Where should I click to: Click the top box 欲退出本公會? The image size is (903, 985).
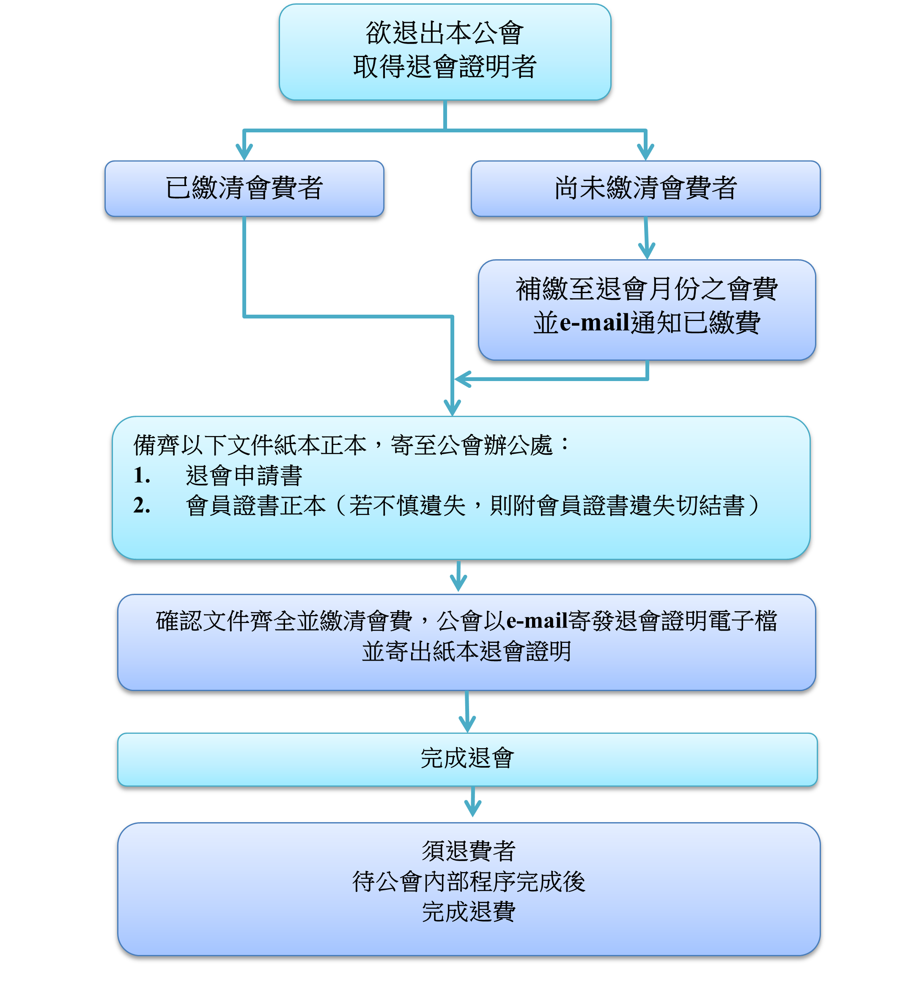(x=445, y=52)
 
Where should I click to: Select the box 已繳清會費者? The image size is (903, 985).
(x=244, y=189)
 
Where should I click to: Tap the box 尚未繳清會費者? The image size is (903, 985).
(x=645, y=189)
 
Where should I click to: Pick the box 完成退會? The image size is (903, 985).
(x=467, y=759)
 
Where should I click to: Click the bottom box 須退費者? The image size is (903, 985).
(x=469, y=889)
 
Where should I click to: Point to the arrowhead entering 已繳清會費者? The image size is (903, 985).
(x=244, y=151)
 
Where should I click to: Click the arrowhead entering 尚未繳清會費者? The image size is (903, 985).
(x=645, y=151)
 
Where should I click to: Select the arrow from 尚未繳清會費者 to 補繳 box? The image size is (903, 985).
(x=646, y=238)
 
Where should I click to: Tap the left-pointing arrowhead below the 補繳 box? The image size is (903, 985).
(x=462, y=379)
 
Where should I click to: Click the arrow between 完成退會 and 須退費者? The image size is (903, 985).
(x=472, y=802)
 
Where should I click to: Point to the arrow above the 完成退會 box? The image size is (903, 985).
(x=467, y=711)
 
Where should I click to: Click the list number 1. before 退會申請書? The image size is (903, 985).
(x=142, y=475)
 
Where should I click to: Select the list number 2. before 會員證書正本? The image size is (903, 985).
(x=142, y=505)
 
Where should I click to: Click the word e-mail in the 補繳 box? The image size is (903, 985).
(x=594, y=322)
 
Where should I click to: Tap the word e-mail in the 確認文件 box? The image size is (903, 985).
(x=537, y=621)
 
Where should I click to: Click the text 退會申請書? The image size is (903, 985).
(x=244, y=475)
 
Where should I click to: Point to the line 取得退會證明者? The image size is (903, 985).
(x=445, y=66)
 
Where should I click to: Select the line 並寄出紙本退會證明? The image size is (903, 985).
(x=467, y=651)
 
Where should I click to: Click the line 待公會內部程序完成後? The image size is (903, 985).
(x=469, y=882)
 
